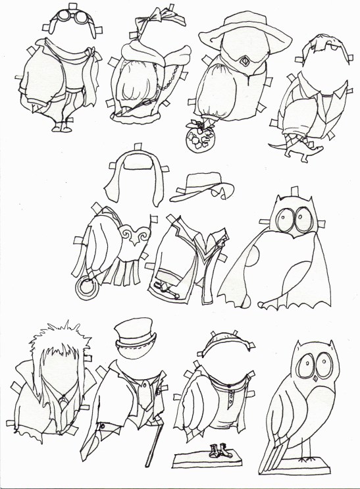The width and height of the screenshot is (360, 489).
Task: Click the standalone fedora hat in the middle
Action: [x=200, y=187]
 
